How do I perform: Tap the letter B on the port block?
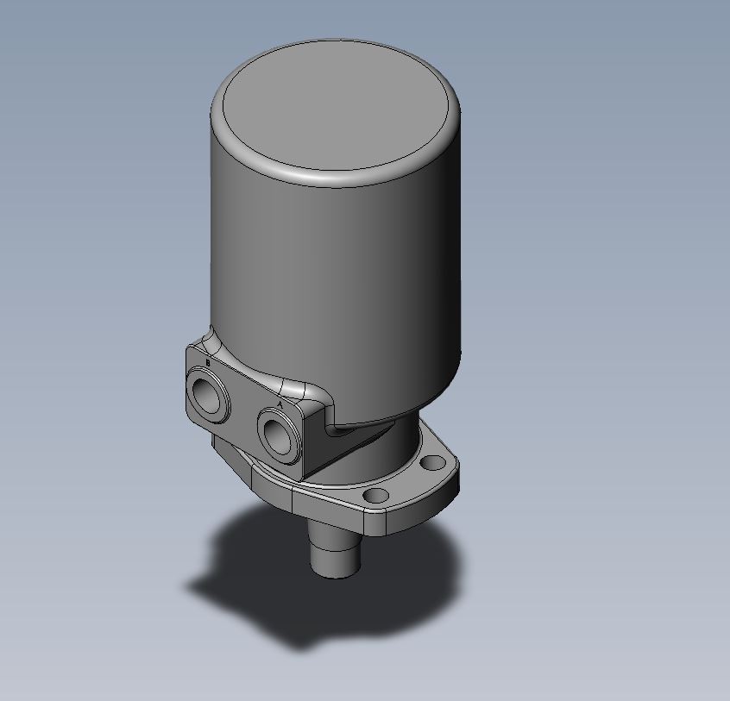click(207, 363)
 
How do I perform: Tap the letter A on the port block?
click(279, 403)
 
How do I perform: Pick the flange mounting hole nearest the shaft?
click(375, 496)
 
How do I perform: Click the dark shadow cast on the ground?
click(259, 595)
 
